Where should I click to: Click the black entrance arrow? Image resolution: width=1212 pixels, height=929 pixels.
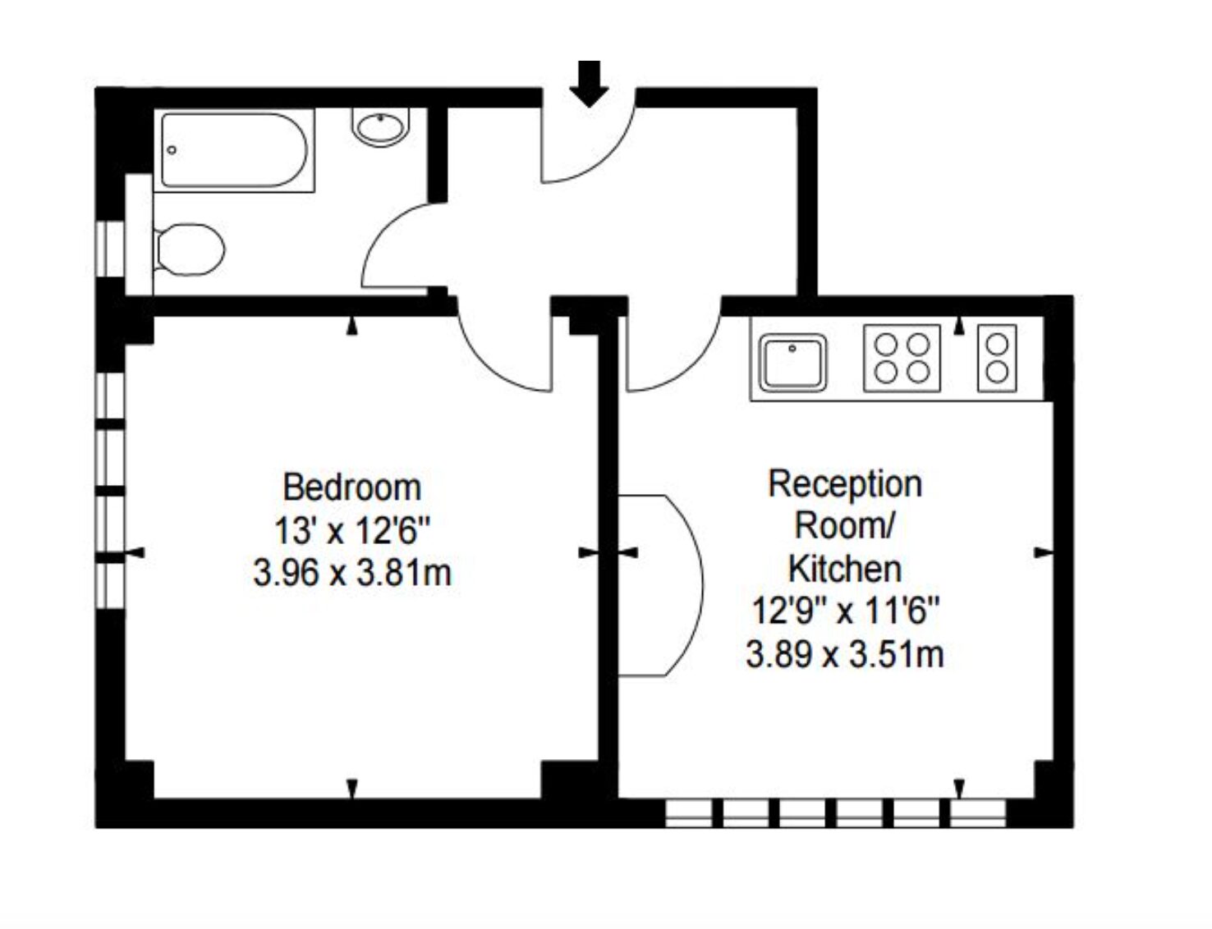pyautogui.click(x=589, y=84)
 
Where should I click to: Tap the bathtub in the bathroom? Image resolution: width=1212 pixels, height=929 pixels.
pyautogui.click(x=234, y=150)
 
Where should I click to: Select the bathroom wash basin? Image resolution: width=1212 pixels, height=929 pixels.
pyautogui.click(x=380, y=128)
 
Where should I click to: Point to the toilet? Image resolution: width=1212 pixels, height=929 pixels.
pyautogui.click(x=189, y=249)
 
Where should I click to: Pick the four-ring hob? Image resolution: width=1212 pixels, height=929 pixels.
pyautogui.click(x=902, y=358)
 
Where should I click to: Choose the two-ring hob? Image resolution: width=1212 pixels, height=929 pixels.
pyautogui.click(x=997, y=358)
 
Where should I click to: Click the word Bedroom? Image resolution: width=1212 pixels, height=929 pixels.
pyautogui.click(x=352, y=487)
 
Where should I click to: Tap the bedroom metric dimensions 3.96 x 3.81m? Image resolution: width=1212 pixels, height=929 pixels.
pyautogui.click(x=352, y=573)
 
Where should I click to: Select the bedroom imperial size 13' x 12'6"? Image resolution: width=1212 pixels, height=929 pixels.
pyautogui.click(x=353, y=530)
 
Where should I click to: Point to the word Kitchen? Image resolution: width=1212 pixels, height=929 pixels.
pyautogui.click(x=845, y=569)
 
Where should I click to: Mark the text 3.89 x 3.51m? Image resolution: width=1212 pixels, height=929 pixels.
pyautogui.click(x=845, y=654)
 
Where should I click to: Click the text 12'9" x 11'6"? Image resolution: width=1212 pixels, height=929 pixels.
pyautogui.click(x=846, y=611)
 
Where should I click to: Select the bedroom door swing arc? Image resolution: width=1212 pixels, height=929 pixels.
pyautogui.click(x=491, y=368)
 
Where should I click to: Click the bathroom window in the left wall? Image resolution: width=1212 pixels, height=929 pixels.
pyautogui.click(x=110, y=249)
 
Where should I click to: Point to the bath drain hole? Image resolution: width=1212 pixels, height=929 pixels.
pyautogui.click(x=172, y=150)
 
